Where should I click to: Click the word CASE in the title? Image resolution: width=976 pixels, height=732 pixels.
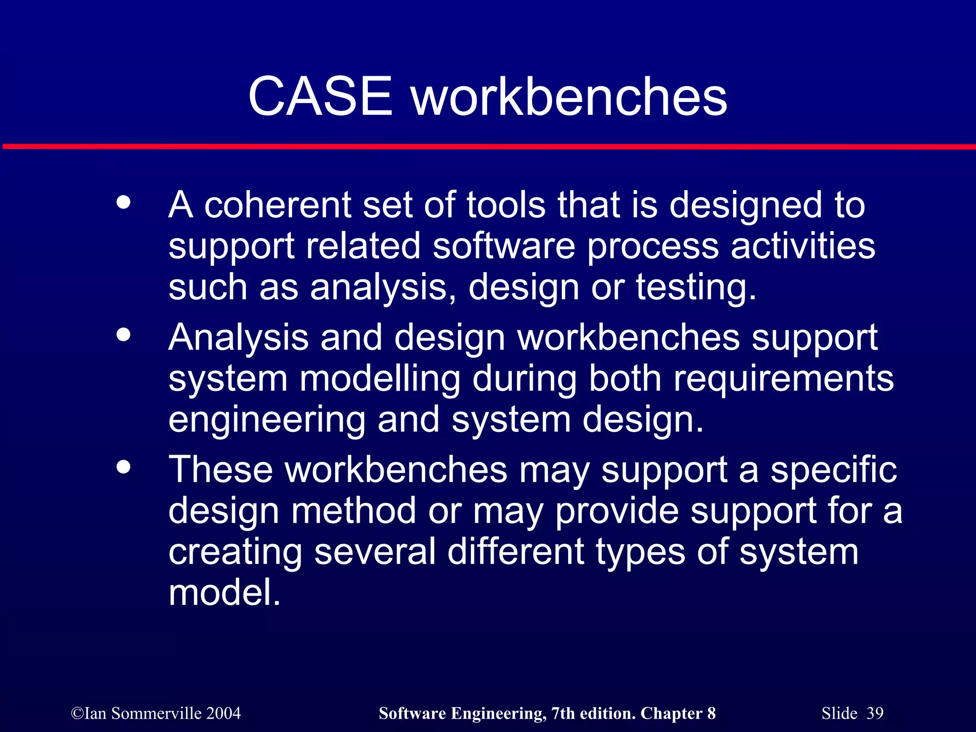click(x=320, y=97)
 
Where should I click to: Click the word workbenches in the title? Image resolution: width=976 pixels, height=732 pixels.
click(x=569, y=97)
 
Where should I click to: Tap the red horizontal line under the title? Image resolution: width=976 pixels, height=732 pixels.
click(x=488, y=146)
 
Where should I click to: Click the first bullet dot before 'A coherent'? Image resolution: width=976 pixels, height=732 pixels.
click(x=123, y=203)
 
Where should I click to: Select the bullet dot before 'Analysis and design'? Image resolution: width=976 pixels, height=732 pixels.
click(x=123, y=335)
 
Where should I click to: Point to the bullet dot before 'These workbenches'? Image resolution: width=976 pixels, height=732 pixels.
click(x=123, y=467)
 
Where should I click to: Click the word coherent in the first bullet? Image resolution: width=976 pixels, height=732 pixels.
click(x=277, y=205)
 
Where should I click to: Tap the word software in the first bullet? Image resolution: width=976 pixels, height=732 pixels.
click(x=504, y=246)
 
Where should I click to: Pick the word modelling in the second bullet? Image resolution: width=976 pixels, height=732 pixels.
click(x=380, y=379)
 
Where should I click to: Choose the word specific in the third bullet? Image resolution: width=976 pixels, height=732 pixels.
click(x=834, y=470)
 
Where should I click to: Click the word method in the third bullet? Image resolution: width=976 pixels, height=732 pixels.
click(x=354, y=511)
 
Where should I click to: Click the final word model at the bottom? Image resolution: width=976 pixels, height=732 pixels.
click(x=224, y=593)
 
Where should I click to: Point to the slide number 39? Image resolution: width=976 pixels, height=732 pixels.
click(x=875, y=713)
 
